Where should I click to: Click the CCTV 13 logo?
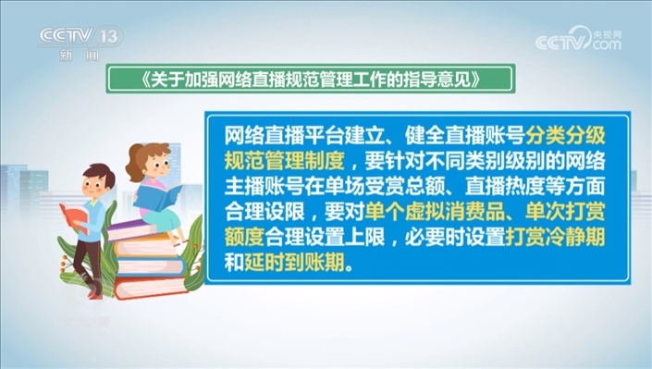point(80,36)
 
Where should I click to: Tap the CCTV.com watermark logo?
point(578,38)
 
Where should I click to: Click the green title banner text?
point(310,79)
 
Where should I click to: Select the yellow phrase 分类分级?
point(565,135)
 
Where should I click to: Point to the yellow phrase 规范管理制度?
point(285,161)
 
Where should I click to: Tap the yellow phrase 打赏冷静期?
point(555,238)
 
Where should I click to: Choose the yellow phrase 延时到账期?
point(294,263)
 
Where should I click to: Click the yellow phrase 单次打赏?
point(565,212)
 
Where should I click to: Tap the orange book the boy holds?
point(74,217)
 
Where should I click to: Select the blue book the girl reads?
point(158,197)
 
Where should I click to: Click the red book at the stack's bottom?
point(151,287)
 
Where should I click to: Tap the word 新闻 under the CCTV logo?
point(79,55)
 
